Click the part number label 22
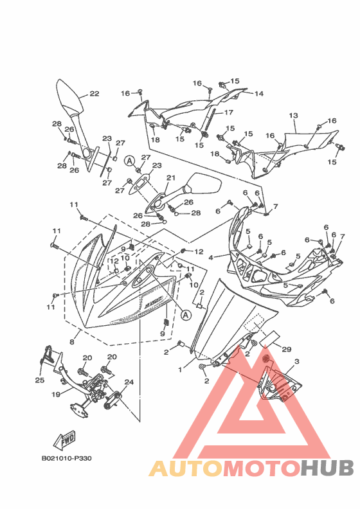94,94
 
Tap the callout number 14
258,94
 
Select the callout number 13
293,116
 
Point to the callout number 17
229,112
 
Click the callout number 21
171,177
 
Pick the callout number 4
211,258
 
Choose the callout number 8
72,342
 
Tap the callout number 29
287,349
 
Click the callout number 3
296,361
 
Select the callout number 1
180,370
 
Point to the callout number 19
56,395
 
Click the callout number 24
129,382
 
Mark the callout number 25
40,380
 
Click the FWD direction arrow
65,440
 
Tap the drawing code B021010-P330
67,458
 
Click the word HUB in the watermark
327,469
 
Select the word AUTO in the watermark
186,469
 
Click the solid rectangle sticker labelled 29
271,336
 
